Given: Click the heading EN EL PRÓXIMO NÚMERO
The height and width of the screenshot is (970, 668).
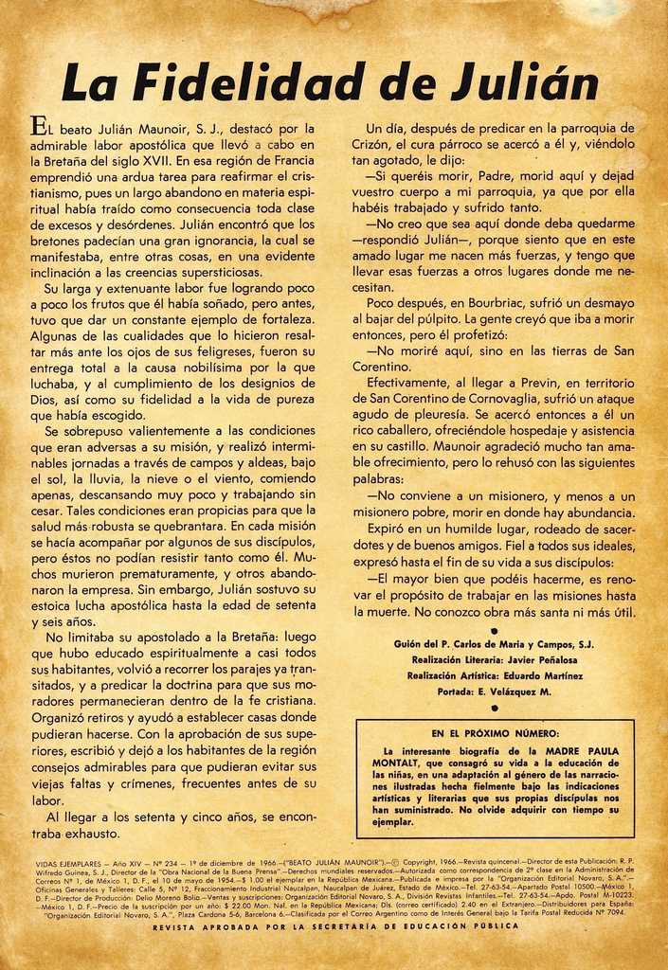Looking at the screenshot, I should point(495,733).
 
